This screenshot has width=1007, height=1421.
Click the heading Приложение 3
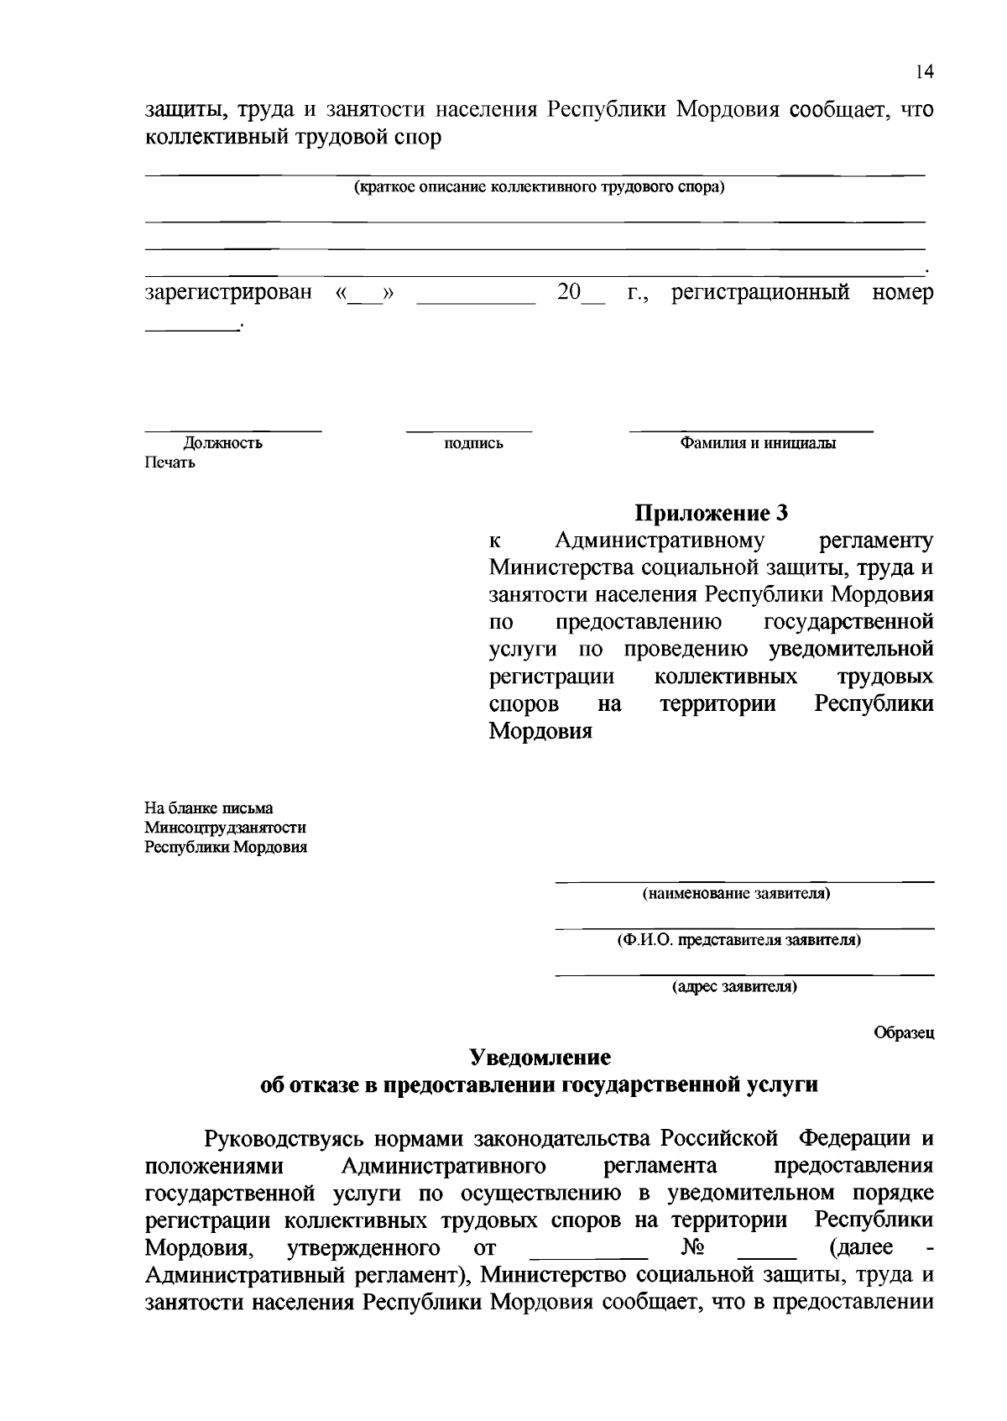[711, 512]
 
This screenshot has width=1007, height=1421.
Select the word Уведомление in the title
[540, 1056]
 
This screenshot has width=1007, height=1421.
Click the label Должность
[223, 443]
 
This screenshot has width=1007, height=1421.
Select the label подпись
[473, 444]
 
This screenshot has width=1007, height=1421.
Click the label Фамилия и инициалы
[757, 443]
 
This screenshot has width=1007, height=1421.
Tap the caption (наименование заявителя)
[736, 894]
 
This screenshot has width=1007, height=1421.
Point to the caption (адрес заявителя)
[734, 987]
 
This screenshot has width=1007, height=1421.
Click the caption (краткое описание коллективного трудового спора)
[538, 186]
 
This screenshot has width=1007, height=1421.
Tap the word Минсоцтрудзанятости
[225, 828]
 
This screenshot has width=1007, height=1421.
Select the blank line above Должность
[232, 431]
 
